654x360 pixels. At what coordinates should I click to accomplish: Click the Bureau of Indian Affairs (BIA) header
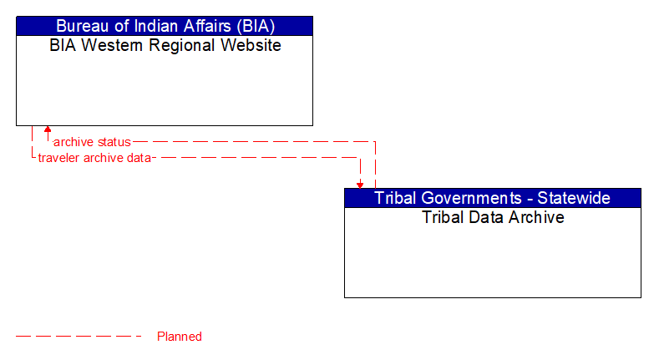click(165, 26)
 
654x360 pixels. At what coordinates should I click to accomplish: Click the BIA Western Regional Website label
click(165, 46)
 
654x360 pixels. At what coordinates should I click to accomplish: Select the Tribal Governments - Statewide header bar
click(493, 198)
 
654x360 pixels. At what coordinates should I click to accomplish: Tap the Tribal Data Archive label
click(493, 218)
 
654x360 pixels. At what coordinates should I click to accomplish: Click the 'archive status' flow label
click(92, 142)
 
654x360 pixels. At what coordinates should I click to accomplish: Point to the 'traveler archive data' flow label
click(94, 158)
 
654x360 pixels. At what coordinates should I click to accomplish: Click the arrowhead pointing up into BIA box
click(48, 130)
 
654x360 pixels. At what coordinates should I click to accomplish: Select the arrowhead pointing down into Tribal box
click(360, 184)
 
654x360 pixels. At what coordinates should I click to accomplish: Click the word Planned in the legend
click(180, 337)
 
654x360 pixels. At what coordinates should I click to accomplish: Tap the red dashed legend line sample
click(79, 337)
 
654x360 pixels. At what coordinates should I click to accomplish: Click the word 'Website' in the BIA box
click(251, 46)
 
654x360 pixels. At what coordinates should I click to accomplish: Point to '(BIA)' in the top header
click(253, 26)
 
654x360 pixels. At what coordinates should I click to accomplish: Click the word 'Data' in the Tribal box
click(486, 218)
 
